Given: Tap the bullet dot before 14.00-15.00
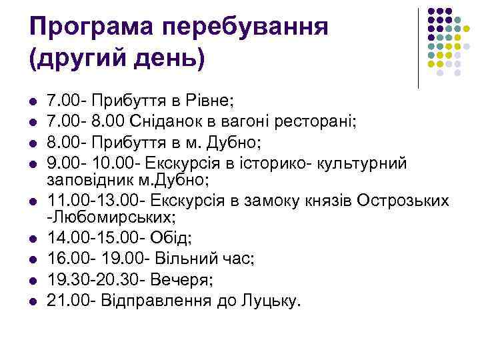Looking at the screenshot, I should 32,239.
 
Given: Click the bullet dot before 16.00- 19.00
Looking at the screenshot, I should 32,258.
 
